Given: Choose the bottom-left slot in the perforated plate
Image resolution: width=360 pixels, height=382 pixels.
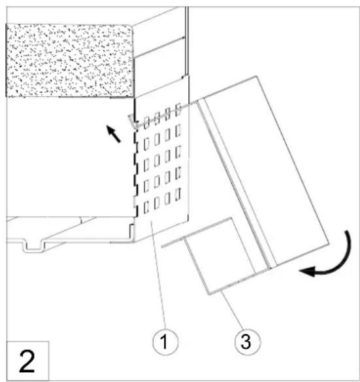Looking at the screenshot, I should click(x=146, y=209).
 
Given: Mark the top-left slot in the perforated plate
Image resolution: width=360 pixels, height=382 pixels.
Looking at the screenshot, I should click(x=147, y=120).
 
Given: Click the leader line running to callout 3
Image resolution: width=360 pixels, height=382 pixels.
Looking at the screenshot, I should click(x=231, y=313).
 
